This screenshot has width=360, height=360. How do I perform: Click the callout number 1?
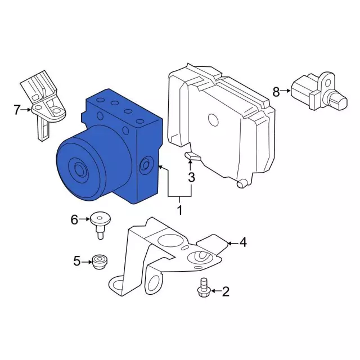[180, 210]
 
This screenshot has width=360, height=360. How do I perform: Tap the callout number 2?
[226, 291]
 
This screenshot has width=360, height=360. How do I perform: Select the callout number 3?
[191, 177]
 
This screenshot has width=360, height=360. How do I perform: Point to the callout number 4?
[243, 242]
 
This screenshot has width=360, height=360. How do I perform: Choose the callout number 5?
[77, 261]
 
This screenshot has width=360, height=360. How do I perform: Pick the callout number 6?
[74, 220]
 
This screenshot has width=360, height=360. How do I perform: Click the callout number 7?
[17, 110]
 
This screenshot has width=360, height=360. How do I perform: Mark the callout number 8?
[276, 92]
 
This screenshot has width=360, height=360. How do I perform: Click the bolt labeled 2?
[204, 287]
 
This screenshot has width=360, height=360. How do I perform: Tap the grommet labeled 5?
[99, 262]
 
